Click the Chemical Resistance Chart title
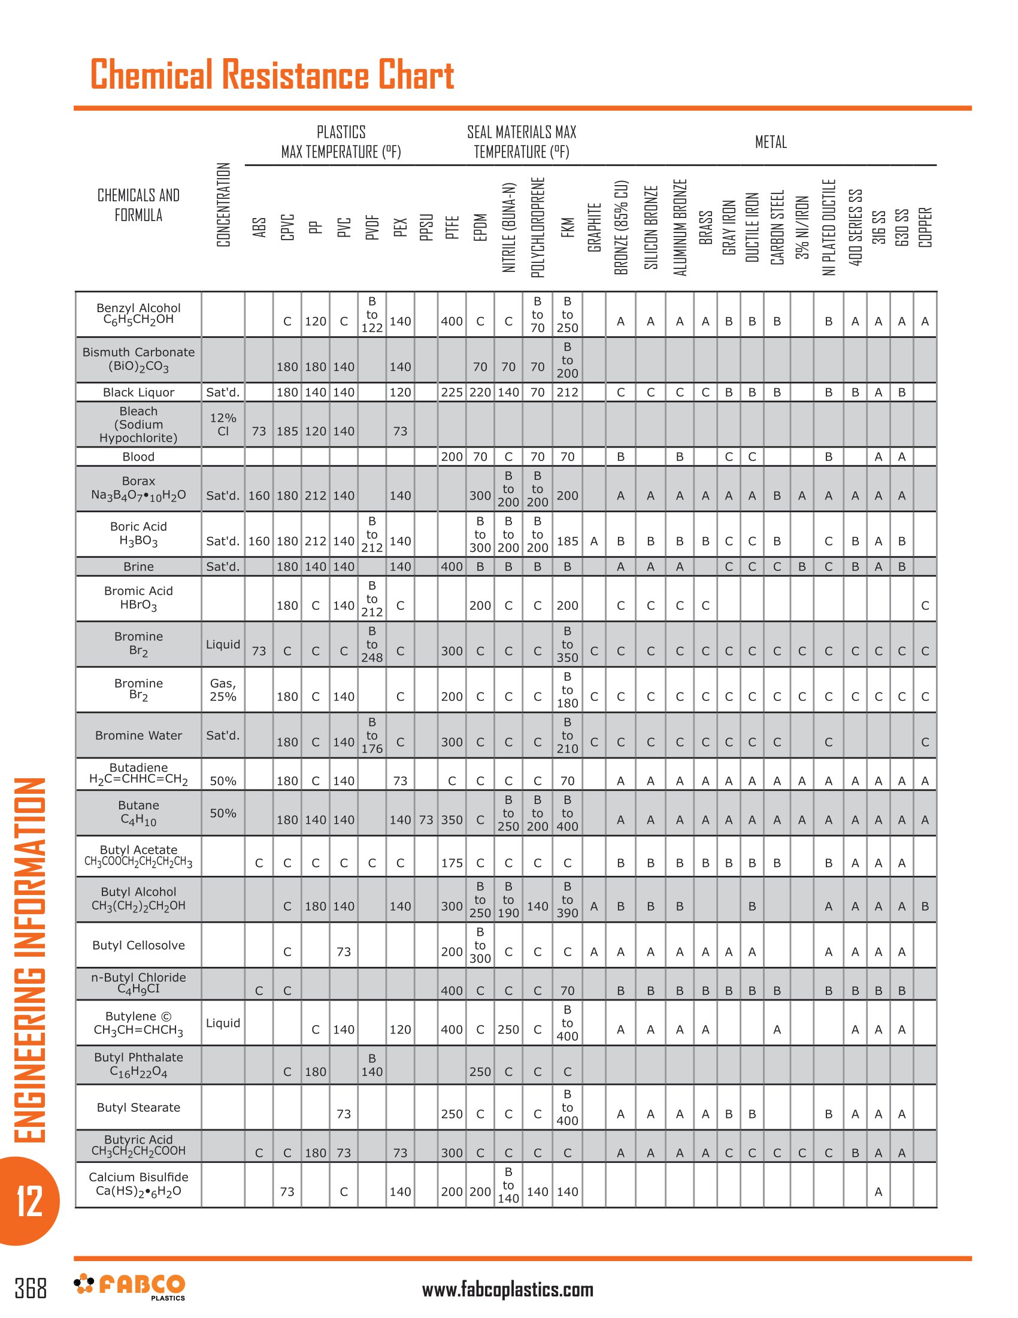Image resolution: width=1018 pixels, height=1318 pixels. coord(271,74)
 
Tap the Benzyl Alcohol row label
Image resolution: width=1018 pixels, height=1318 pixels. coord(138,314)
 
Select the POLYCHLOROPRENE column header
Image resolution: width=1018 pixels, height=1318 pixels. coord(537,228)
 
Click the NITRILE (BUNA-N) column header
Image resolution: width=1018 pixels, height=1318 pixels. coord(509,228)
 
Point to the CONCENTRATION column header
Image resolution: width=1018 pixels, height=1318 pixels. coord(223,204)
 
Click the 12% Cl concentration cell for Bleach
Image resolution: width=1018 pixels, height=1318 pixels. coord(223,424)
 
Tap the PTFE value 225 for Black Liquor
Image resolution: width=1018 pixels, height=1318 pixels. coord(451,392)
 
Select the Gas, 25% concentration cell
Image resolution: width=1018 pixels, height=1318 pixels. coord(223,690)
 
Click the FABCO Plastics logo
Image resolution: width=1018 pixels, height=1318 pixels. coord(130,1286)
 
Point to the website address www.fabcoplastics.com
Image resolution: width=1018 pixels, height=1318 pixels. coord(507,1290)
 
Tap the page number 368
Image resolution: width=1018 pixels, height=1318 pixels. coord(30,1288)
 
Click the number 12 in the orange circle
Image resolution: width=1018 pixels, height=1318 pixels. coord(29,1201)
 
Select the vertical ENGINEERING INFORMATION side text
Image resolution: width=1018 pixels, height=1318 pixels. coord(29,960)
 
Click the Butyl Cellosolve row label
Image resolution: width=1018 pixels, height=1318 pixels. coord(138,945)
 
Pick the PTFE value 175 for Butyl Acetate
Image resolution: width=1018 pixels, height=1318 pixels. coord(451,863)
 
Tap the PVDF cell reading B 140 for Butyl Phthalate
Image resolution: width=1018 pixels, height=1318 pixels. coord(371,1065)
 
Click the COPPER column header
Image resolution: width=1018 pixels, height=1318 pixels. coord(925,228)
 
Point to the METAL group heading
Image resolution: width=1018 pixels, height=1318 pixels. coord(770,142)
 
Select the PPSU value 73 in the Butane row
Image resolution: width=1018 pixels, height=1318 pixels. coord(426,820)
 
